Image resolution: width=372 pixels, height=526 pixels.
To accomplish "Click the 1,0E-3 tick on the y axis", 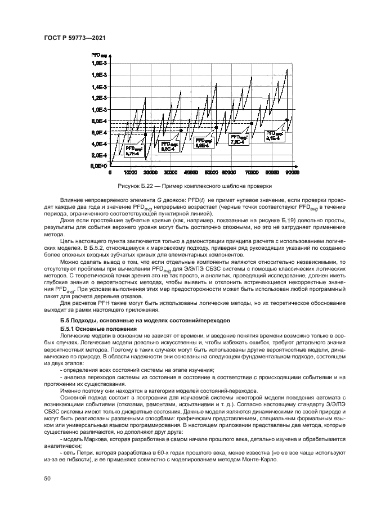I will [x=100, y=109].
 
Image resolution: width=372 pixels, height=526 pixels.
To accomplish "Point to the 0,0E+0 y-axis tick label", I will [x=100, y=167].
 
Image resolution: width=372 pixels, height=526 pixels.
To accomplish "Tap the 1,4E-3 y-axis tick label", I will [x=100, y=87].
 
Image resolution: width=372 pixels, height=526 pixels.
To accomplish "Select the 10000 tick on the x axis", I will [x=131, y=173].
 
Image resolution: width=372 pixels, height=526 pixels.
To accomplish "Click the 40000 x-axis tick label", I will [x=191, y=173].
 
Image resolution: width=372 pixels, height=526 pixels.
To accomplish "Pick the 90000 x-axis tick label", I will [x=292, y=173].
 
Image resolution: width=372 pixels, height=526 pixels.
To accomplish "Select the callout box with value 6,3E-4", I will [x=171, y=147].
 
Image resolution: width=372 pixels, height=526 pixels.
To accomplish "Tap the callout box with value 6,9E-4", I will [x=203, y=143].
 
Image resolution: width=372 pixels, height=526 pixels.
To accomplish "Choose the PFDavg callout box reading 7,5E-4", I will [x=239, y=139].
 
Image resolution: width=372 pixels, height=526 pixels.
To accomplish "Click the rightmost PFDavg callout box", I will [x=274, y=135].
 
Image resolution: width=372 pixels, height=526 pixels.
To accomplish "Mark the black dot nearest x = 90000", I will [x=287, y=120].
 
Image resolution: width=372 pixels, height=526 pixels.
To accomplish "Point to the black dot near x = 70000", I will [x=252, y=123].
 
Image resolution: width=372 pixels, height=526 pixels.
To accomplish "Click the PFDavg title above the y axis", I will [x=99, y=55].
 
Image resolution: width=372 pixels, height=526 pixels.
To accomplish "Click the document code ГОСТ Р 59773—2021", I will [x=74, y=37].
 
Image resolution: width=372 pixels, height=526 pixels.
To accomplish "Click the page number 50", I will [x=47, y=478].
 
